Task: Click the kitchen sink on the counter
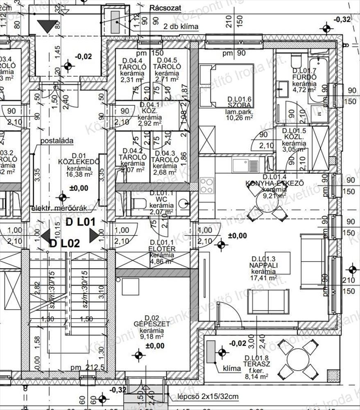[x=245, y=166]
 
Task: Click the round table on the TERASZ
[x=298, y=360]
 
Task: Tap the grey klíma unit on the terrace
[x=211, y=352]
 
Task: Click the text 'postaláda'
[x=57, y=141]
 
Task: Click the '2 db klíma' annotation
[x=181, y=27]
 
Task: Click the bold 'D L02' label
[x=64, y=243]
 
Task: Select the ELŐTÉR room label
[x=163, y=249]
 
